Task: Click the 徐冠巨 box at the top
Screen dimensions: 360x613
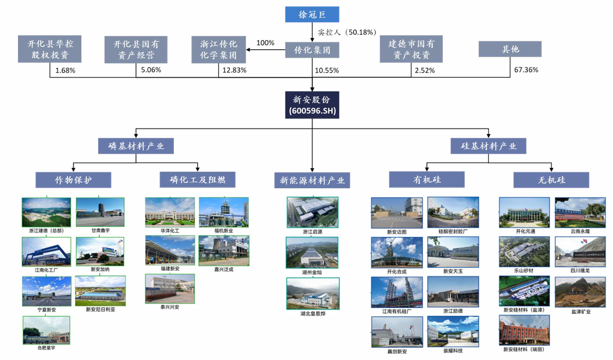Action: pyautogui.click(x=312, y=15)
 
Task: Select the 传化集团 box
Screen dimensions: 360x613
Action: pyautogui.click(x=312, y=50)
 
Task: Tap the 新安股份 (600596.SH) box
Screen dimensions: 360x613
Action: pyautogui.click(x=312, y=105)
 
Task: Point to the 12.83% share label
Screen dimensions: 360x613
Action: pyautogui.click(x=234, y=70)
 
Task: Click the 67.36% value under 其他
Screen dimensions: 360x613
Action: pyautogui.click(x=526, y=70)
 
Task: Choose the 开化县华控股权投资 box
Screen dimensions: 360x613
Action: pyautogui.click(x=50, y=50)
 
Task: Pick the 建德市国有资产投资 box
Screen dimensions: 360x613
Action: pyautogui.click(x=411, y=50)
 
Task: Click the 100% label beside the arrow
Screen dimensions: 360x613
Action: pyautogui.click(x=265, y=43)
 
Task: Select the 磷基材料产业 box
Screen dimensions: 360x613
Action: pyautogui.click(x=136, y=146)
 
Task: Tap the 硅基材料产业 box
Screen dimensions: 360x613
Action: pyautogui.click(x=488, y=146)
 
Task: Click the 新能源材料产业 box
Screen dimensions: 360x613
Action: pyautogui.click(x=312, y=180)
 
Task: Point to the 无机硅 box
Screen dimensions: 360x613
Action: pyautogui.click(x=551, y=180)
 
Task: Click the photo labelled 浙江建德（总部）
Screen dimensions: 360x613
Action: pyautogui.click(x=46, y=212)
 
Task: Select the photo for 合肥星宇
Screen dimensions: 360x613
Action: pyautogui.click(x=46, y=330)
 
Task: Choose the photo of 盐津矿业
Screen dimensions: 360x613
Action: pyautogui.click(x=580, y=292)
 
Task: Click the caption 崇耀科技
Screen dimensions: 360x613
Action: pyautogui.click(x=453, y=350)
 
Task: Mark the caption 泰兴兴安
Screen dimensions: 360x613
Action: pyautogui.click(x=170, y=307)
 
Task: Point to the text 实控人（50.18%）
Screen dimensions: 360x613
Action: pyautogui.click(x=347, y=32)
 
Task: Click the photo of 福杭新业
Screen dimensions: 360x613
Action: pyautogui.click(x=223, y=212)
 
